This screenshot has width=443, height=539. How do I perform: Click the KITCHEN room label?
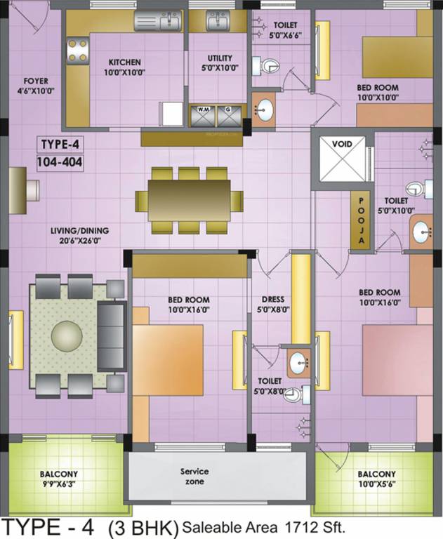click(124, 62)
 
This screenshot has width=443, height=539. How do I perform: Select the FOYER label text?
click(36, 81)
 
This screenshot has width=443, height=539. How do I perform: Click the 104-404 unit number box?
click(60, 163)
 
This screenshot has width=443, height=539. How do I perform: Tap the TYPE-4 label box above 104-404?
click(59, 145)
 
